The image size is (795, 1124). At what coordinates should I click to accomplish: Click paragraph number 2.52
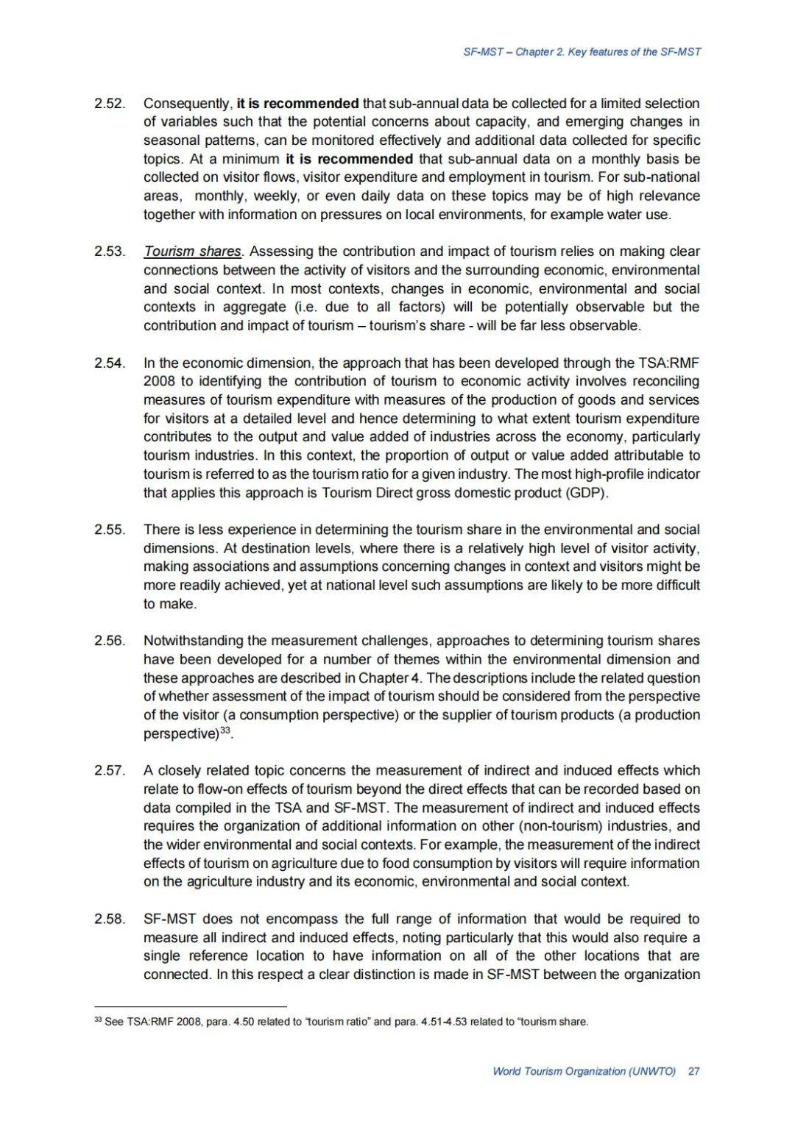tap(109, 104)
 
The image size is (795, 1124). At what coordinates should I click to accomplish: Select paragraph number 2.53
tap(109, 252)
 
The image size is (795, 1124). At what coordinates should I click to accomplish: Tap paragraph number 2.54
tap(109, 363)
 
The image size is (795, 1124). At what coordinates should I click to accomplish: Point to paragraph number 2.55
tap(109, 530)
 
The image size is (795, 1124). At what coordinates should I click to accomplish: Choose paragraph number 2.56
tap(109, 641)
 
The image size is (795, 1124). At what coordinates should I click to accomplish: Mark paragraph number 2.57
tap(109, 771)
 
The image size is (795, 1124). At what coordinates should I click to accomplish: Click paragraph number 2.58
tap(109, 920)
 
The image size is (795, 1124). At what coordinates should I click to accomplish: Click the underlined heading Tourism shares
tap(192, 252)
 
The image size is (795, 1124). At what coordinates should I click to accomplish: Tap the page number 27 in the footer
tap(693, 1071)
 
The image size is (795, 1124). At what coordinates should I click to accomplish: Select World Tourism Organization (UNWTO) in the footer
tap(584, 1071)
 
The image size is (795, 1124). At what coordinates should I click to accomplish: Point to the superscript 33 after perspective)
tap(226, 730)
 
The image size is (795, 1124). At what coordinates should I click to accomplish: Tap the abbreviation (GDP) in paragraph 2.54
tap(587, 493)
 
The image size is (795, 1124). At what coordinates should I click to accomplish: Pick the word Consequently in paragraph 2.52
tap(187, 104)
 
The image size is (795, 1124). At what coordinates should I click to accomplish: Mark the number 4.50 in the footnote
tap(244, 1022)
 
